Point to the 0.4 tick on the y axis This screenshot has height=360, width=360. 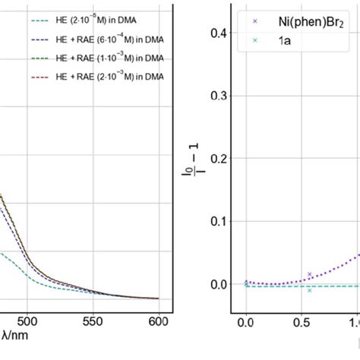click(219, 33)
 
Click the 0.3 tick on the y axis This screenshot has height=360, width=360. click(219, 96)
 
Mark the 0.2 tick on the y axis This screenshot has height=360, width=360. click(219, 159)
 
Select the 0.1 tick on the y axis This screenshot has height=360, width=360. click(219, 221)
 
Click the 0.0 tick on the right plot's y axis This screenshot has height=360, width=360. click(219, 284)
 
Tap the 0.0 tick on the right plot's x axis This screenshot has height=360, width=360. click(245, 322)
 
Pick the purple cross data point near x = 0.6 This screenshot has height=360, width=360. click(309, 274)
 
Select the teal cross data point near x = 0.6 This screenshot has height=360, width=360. click(309, 290)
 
